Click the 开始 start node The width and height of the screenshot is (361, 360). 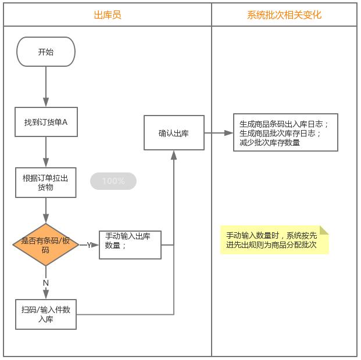(46, 52)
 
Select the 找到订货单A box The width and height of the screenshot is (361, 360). (46, 122)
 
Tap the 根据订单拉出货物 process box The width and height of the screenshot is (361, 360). (46, 182)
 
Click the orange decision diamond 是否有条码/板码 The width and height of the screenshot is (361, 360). (45, 244)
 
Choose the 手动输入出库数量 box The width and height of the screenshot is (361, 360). (130, 244)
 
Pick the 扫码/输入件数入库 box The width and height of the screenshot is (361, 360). (46, 314)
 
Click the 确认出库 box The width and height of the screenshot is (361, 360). (174, 133)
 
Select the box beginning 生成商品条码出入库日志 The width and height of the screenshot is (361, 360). (285, 133)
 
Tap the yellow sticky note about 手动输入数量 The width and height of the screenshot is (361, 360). (274, 240)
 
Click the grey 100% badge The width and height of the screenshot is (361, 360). (113, 181)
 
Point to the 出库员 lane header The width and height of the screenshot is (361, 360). (108, 15)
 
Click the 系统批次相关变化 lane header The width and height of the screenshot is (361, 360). (284, 15)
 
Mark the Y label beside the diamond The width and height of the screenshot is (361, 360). (90, 245)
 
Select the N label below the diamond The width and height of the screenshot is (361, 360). (46, 282)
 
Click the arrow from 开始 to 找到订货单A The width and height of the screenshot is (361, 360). (46, 87)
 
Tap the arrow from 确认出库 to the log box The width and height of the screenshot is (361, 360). (219, 133)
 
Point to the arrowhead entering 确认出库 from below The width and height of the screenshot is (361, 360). (174, 154)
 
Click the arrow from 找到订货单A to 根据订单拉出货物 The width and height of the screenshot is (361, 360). (46, 152)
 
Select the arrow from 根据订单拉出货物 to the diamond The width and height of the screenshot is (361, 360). (46, 210)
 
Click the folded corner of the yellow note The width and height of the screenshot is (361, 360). (324, 230)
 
